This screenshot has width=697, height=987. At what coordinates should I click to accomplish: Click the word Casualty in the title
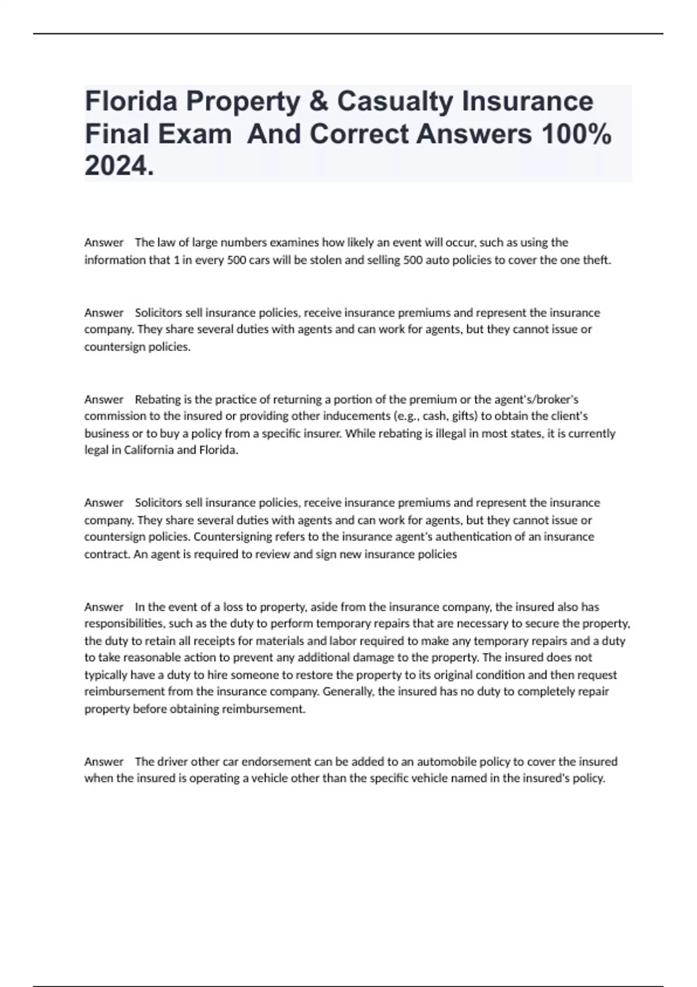pos(394,102)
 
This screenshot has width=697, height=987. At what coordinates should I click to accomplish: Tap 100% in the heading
pos(576,134)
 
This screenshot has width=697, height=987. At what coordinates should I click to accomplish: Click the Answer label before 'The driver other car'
pos(104,761)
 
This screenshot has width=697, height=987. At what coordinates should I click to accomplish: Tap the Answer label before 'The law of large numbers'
pos(104,243)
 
